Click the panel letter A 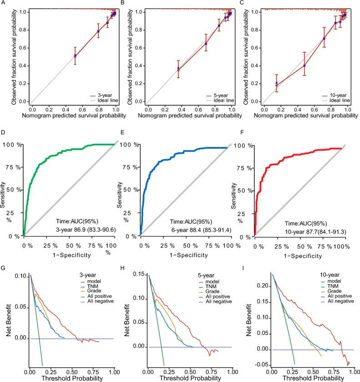coord(3,3)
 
